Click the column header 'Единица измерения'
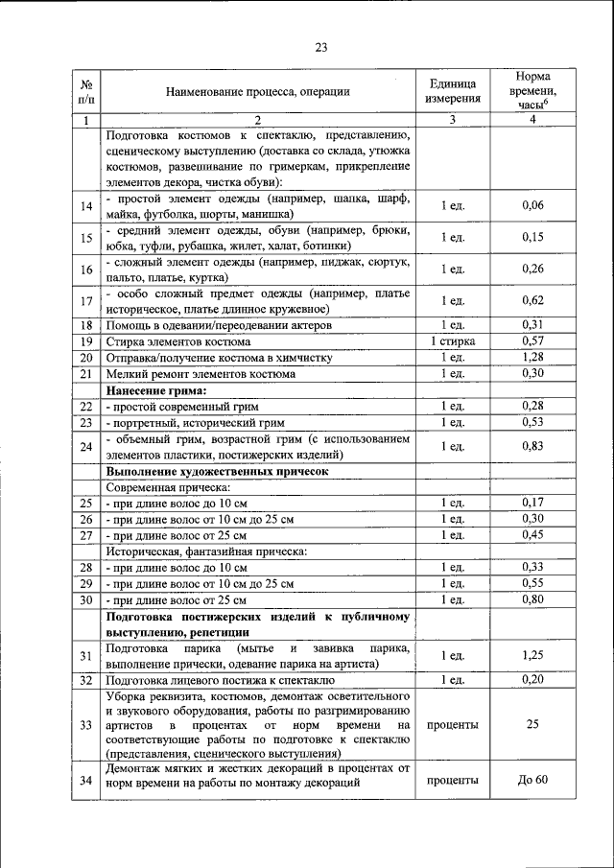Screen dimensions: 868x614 (x=450, y=91)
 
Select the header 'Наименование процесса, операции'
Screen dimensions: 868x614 (x=258, y=92)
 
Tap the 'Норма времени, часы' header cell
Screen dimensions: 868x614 (x=531, y=90)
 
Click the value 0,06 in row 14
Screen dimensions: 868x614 (x=531, y=206)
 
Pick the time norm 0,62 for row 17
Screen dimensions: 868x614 (x=531, y=301)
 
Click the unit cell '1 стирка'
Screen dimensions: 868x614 (x=451, y=341)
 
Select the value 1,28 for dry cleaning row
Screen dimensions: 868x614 (x=531, y=358)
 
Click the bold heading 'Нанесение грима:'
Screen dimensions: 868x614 (x=156, y=390)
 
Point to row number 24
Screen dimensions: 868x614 (x=86, y=446)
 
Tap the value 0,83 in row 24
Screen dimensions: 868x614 (x=531, y=446)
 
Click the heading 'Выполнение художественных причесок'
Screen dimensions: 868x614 (x=218, y=471)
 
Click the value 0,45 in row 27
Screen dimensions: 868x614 (x=531, y=534)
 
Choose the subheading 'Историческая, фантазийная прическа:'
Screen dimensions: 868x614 (x=206, y=551)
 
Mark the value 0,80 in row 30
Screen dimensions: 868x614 (x=531, y=599)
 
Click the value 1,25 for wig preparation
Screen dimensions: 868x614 (x=531, y=656)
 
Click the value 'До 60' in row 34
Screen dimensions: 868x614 (x=531, y=781)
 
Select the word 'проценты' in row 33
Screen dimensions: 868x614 (x=451, y=726)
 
